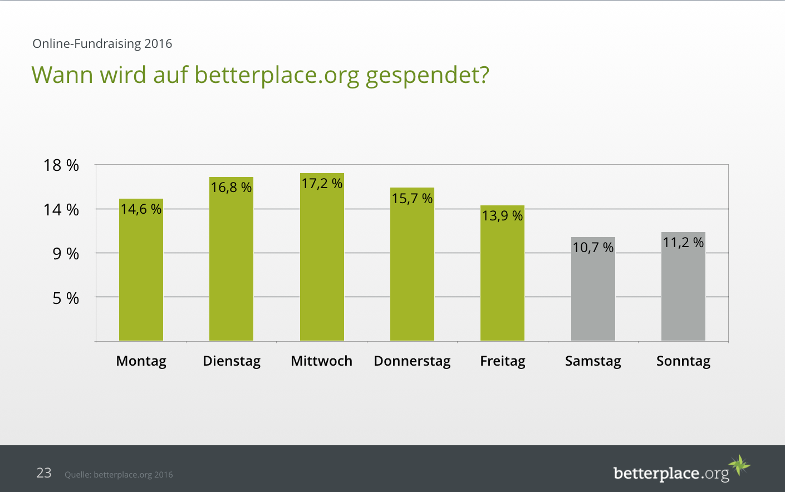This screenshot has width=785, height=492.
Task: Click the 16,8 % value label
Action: tap(231, 188)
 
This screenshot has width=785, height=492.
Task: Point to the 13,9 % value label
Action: tap(502, 216)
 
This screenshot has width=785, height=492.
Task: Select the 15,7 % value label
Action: tap(412, 199)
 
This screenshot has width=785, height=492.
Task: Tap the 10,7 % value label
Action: tap(593, 248)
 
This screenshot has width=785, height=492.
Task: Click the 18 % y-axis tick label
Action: tap(61, 165)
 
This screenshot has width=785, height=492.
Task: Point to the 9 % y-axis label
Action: tap(66, 254)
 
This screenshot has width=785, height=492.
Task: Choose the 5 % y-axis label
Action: tap(66, 298)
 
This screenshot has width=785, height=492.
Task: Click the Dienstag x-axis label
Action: tap(232, 361)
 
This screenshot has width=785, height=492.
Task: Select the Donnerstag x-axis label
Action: tap(412, 361)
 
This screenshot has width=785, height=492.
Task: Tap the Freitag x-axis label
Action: tap(503, 361)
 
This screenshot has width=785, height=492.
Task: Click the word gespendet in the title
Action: tap(427, 75)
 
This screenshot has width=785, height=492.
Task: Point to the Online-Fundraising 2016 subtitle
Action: tap(102, 43)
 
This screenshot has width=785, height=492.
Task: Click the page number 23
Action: tap(44, 473)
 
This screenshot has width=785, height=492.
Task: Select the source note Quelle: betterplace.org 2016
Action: tap(119, 475)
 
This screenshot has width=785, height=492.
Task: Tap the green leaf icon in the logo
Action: tap(739, 464)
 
